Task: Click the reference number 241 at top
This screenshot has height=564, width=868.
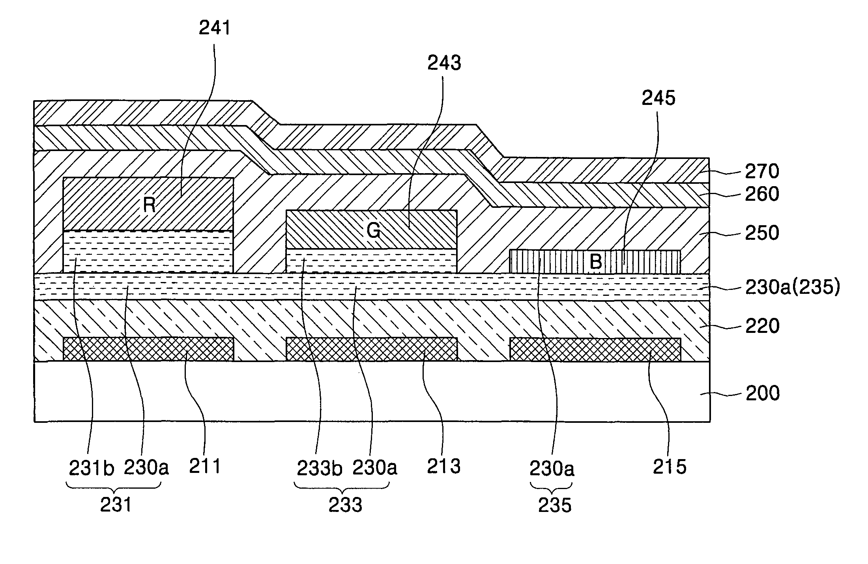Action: [215, 28]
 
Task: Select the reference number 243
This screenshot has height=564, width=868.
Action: [444, 63]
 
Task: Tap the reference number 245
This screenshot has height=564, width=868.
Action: [658, 98]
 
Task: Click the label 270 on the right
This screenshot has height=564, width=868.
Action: [762, 172]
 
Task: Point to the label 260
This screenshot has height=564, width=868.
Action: [762, 194]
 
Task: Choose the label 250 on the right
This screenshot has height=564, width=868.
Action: [762, 233]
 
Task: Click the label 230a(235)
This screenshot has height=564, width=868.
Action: [792, 288]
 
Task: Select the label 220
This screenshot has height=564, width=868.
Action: [762, 326]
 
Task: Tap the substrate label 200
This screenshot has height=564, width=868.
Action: [762, 393]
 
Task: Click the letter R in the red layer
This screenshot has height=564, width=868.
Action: [149, 205]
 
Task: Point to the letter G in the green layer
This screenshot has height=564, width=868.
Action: [373, 231]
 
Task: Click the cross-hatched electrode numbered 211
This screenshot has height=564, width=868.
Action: [148, 349]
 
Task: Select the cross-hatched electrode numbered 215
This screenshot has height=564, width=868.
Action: [595, 349]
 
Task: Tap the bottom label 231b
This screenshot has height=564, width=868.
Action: [92, 468]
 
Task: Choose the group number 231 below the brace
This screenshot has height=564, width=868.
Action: [116, 505]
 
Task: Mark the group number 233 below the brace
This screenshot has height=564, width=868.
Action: [345, 505]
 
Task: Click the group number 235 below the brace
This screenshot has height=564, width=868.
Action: [555, 505]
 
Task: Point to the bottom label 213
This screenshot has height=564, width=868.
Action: [444, 467]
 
